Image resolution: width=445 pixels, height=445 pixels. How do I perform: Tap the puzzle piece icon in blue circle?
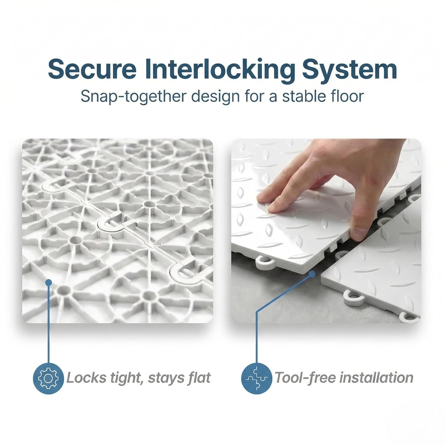pos(257,378)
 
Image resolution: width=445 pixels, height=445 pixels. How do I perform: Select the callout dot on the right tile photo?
pos(312,274)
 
